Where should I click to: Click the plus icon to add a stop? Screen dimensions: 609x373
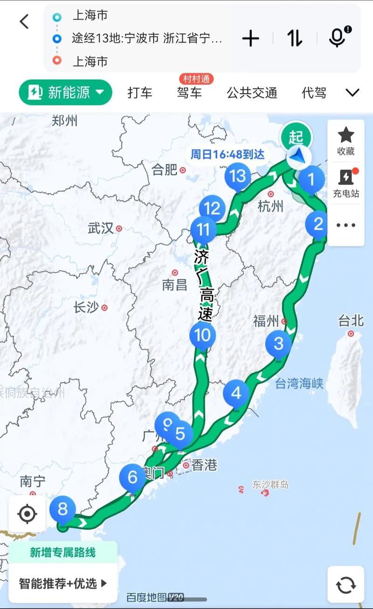[x=250, y=38]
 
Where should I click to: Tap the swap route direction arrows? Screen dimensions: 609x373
[x=295, y=38]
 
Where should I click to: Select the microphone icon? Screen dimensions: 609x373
[x=337, y=37]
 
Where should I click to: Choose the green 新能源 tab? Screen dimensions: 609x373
[x=66, y=92]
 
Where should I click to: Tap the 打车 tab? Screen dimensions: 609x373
[x=140, y=93]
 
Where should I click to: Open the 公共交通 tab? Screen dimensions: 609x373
[x=252, y=93]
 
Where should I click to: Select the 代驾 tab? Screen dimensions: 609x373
[x=314, y=93]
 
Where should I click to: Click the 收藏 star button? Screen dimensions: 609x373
[x=346, y=140]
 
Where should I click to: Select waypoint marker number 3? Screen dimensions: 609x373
[x=278, y=344]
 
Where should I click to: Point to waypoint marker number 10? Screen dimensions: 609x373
[x=203, y=335]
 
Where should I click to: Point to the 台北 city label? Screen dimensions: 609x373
[x=351, y=321]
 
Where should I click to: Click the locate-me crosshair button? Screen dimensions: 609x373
[x=27, y=514]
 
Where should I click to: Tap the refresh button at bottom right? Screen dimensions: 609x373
[x=345, y=585]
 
